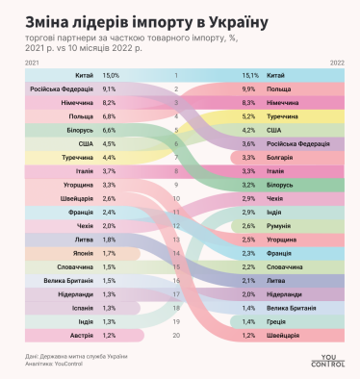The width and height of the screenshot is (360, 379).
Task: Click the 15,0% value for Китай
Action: pos(111,74)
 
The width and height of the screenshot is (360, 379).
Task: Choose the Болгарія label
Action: pos(281,156)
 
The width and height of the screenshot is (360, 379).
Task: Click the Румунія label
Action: pos(279,225)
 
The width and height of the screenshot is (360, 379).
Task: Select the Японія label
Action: pos(81,253)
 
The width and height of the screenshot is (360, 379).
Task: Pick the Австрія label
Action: pos(80,335)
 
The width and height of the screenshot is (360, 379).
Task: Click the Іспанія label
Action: pos(80,308)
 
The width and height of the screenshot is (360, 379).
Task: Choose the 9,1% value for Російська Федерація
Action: pos(111,88)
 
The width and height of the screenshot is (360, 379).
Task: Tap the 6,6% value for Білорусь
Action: pos(111,129)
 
